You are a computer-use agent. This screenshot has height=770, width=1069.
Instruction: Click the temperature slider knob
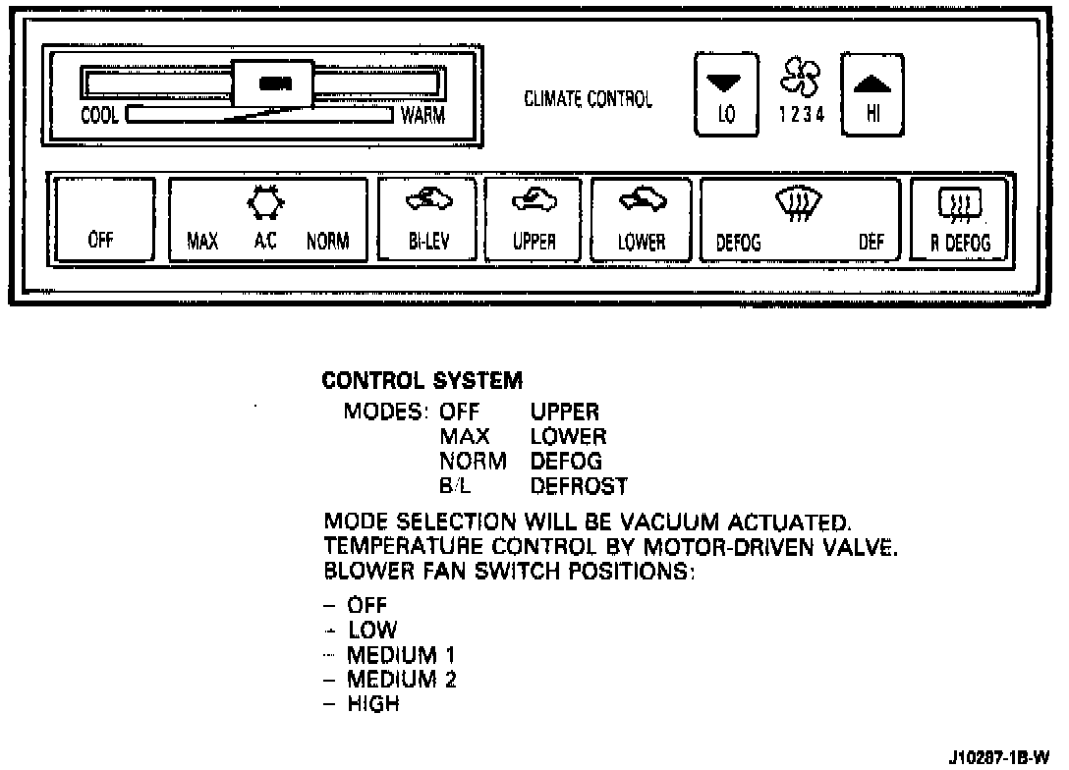[x=273, y=84]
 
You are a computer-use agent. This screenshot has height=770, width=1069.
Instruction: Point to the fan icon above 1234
[x=800, y=77]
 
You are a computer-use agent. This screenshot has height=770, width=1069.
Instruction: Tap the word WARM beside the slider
[x=423, y=116]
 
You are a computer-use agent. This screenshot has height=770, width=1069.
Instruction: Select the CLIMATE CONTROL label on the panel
[x=588, y=100]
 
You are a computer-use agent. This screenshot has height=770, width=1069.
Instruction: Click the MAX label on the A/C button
[x=202, y=242]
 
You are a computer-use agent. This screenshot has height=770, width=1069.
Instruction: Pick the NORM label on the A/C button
[x=327, y=242]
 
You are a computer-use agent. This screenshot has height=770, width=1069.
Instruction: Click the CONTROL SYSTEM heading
[x=422, y=379]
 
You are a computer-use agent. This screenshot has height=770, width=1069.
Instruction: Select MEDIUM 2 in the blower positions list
[x=401, y=679]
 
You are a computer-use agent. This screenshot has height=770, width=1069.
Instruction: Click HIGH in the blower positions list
[x=373, y=703]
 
